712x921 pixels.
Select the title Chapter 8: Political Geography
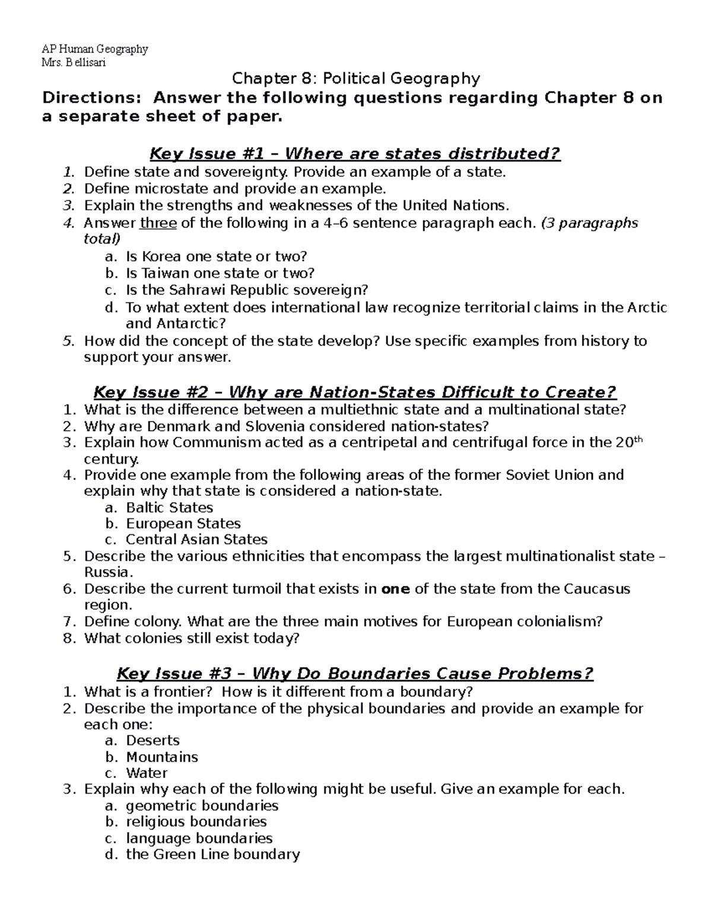click(355, 78)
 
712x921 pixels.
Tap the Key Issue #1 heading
click(355, 154)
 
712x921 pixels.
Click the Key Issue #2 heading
click(355, 393)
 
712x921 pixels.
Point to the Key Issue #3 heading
click(355, 674)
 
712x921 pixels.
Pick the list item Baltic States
click(169, 508)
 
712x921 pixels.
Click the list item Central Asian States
click(196, 540)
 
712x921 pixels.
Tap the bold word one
click(395, 589)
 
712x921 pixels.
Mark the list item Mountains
click(162, 757)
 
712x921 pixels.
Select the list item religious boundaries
click(196, 822)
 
